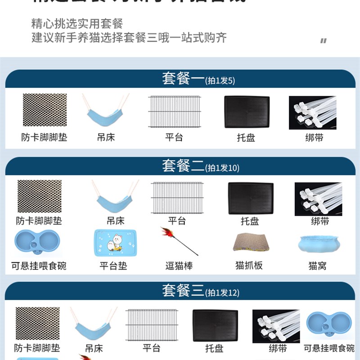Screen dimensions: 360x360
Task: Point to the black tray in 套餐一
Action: pos(247,112)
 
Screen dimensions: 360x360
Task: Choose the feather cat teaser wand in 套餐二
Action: pos(179,241)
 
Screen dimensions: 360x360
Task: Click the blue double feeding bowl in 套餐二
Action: pos(37,243)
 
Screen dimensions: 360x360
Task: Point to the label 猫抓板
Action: pos(249,265)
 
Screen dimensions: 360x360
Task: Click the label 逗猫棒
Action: pos(179,266)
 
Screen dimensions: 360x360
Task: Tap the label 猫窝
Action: pos(318,266)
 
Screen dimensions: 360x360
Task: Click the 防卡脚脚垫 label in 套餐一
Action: pos(44,137)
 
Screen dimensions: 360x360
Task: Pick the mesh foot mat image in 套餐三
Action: pos(38,323)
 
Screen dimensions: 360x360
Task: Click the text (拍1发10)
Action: pos(223,168)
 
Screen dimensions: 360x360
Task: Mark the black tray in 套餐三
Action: pos(215,325)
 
